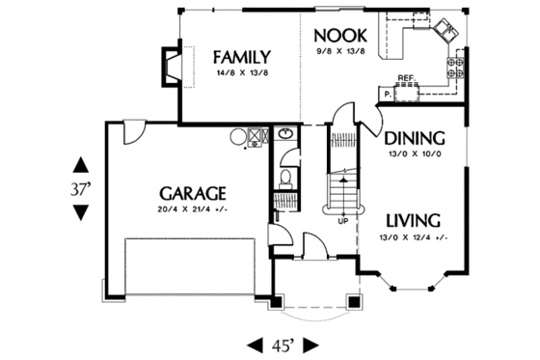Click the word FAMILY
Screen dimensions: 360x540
241,56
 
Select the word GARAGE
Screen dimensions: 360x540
194,192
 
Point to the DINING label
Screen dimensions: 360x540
414,137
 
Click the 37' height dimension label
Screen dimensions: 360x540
79,188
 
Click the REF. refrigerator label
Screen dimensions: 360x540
406,78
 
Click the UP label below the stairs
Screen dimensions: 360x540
342,219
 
